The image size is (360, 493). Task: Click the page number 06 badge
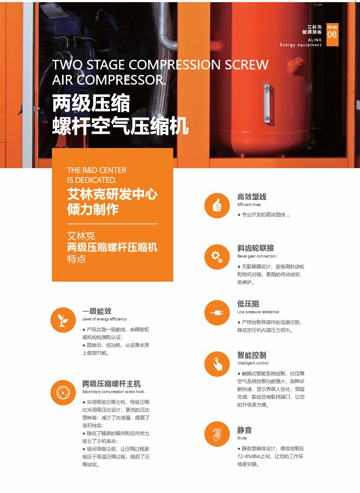[333, 34]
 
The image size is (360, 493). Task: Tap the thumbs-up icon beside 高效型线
[217, 206]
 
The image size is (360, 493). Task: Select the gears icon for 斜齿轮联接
[217, 257]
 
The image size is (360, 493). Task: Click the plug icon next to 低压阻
[217, 313]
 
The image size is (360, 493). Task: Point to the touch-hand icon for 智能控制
[217, 364]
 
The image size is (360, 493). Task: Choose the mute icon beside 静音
[217, 434]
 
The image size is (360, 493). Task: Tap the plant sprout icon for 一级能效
[63, 320]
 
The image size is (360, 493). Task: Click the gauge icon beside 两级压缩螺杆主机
[63, 393]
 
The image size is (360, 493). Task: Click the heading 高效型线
[252, 197]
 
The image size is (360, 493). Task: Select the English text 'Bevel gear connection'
[257, 256]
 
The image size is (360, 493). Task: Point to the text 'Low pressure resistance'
[258, 312]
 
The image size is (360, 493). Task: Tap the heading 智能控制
[252, 355]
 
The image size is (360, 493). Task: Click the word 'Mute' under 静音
[242, 438]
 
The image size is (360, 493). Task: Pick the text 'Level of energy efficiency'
[104, 319]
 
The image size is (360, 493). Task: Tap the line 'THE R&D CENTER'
[97, 170]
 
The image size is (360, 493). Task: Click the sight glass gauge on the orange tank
[267, 103]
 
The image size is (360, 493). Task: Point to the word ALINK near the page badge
[315, 40]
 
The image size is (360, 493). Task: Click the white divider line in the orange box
[113, 224]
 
